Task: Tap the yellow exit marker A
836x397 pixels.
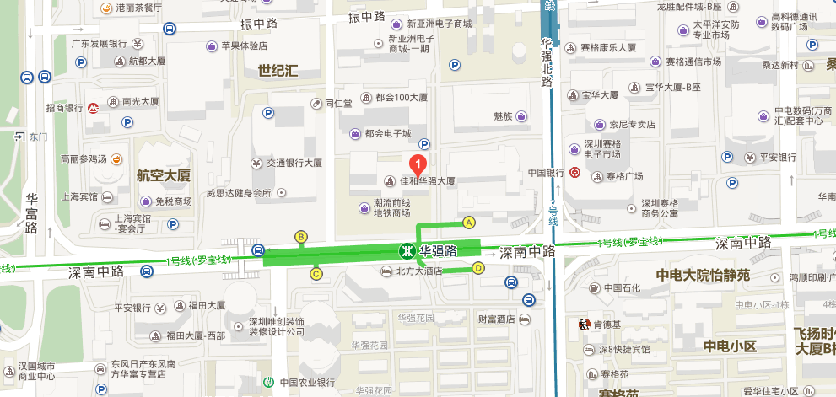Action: click(469, 222)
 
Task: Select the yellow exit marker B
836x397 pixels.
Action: click(300, 236)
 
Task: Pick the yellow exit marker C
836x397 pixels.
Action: click(316, 273)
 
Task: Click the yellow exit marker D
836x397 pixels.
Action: click(477, 269)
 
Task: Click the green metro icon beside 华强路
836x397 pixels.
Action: click(406, 250)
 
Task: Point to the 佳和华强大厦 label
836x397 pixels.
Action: click(427, 180)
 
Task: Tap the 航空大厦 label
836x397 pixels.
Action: click(164, 175)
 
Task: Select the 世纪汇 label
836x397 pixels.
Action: click(278, 71)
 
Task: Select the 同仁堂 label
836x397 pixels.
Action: click(337, 105)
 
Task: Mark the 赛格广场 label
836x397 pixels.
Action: click(624, 176)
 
